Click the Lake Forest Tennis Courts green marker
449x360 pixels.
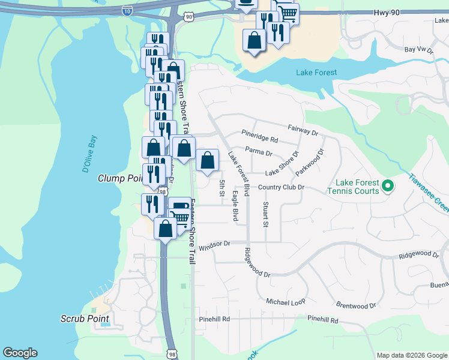(x=387, y=186)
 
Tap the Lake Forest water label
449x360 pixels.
(x=316, y=73)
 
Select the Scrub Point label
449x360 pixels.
(x=84, y=318)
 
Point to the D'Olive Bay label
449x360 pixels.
(x=92, y=154)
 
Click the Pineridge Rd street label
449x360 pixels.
(x=260, y=136)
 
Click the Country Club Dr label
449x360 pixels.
(x=282, y=187)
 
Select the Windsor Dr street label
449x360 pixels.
(x=214, y=245)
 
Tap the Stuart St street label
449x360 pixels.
(x=265, y=214)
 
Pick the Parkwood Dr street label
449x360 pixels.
(x=309, y=163)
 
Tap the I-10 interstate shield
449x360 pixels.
(x=127, y=10)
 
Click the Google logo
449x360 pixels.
(x=20, y=353)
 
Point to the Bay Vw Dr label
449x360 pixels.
(x=419, y=50)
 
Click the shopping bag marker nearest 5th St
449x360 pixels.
(x=207, y=161)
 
